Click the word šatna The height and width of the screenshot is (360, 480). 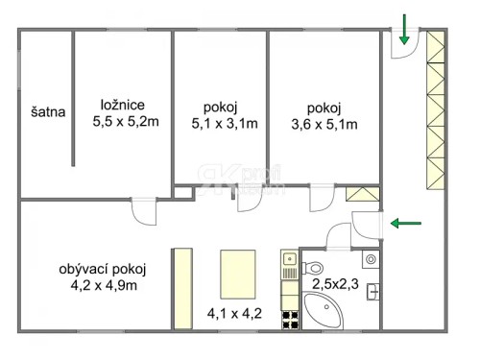click(x=47, y=111)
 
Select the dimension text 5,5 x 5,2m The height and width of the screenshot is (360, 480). click(x=125, y=122)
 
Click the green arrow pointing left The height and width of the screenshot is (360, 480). click(x=405, y=224)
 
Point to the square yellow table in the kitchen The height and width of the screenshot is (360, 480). click(x=239, y=272)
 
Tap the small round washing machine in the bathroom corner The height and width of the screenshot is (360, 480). click(x=369, y=259)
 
